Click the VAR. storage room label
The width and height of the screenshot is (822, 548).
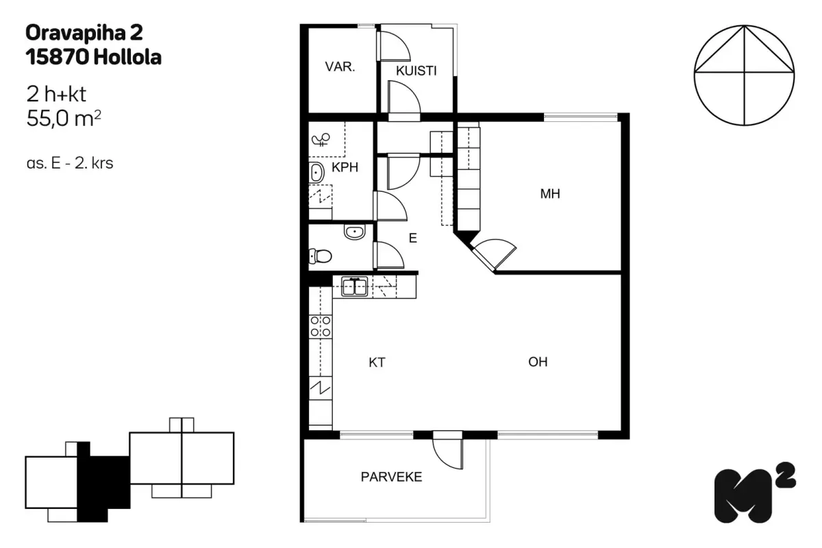click(340, 67)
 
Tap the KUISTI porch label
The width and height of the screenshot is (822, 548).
click(416, 71)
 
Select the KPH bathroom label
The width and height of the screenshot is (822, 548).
click(345, 167)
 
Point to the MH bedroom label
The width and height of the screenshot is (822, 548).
click(550, 193)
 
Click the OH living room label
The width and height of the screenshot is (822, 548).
click(538, 362)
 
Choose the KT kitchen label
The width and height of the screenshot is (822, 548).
click(377, 362)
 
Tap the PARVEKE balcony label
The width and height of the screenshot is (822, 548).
click(391, 477)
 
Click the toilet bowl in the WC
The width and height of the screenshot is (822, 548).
click(321, 256)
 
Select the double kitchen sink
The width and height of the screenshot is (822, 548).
click(354, 286)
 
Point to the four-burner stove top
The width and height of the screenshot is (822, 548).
click(321, 326)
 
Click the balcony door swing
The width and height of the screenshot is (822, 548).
click(448, 453)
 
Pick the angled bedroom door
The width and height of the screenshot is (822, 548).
click(494, 253)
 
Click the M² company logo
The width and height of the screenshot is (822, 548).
click(754, 493)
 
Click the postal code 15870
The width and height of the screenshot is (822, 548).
click(58, 58)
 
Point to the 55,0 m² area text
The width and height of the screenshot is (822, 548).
click(64, 119)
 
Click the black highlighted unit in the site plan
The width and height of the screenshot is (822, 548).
click(103, 482)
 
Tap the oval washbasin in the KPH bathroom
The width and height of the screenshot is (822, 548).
click(316, 173)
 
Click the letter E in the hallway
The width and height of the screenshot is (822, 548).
click(413, 238)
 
